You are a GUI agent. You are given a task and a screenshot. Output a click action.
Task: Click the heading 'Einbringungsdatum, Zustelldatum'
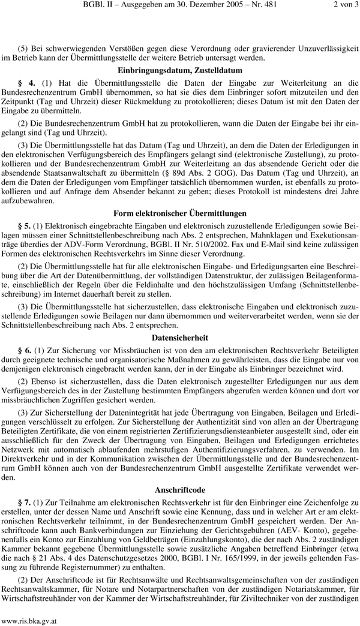coord(180,70)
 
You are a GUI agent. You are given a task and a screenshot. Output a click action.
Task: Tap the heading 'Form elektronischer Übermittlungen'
coord(180,213)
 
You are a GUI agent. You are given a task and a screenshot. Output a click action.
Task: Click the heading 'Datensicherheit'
coord(180,338)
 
